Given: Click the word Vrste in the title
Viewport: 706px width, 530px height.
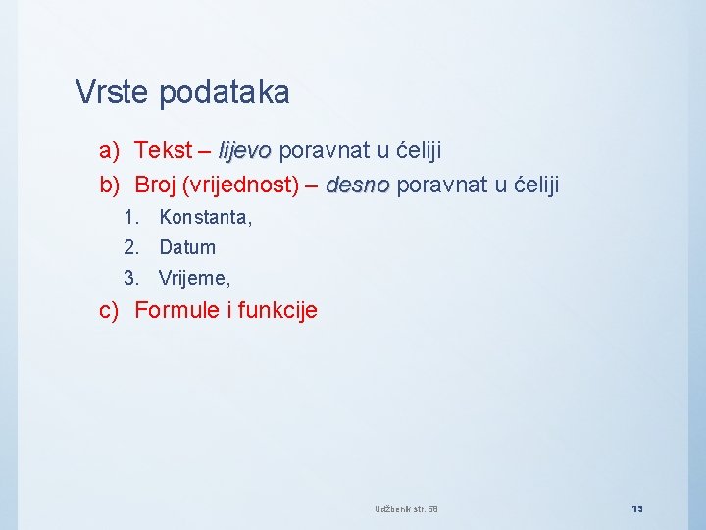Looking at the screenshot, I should (x=112, y=93).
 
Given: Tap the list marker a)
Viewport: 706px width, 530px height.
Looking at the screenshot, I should (x=109, y=151).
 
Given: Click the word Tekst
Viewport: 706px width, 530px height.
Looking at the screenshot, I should (x=163, y=151).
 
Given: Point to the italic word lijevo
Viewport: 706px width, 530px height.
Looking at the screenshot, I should (x=244, y=151).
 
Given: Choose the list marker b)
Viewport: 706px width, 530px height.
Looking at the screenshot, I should (x=109, y=185).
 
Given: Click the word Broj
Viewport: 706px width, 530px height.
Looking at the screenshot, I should (x=156, y=185).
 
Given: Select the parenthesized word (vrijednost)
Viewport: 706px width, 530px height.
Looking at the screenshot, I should (x=246, y=185).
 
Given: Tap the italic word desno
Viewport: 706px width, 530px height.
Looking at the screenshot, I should (x=357, y=185).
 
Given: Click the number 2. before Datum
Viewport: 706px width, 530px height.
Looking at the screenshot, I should (x=131, y=248).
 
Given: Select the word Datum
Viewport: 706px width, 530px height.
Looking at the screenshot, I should (x=187, y=248).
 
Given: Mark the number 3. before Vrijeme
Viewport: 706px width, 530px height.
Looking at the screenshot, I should (x=131, y=279).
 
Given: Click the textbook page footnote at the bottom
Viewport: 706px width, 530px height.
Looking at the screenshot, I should (x=406, y=508).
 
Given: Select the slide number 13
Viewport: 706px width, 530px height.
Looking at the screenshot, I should (x=636, y=508).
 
